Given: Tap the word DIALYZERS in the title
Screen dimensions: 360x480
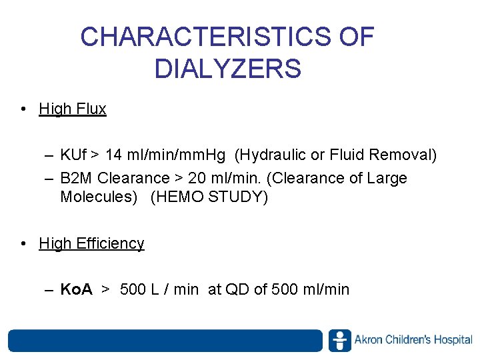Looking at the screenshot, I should [x=227, y=69].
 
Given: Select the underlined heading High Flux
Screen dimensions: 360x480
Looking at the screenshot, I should [x=73, y=109].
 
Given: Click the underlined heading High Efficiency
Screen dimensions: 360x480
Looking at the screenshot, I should [x=91, y=243].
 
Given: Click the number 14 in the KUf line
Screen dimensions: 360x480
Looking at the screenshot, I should [x=113, y=155].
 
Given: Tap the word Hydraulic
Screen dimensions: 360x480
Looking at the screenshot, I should [x=271, y=155].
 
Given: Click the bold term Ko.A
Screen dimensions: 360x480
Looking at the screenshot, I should [x=76, y=289].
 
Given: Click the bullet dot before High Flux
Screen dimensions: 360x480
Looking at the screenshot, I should [x=24, y=109].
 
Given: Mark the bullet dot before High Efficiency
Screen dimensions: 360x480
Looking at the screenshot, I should [x=24, y=243].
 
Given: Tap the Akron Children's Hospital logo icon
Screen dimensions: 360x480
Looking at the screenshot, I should [x=339, y=340].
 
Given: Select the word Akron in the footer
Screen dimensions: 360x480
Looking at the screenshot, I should [x=369, y=340].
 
